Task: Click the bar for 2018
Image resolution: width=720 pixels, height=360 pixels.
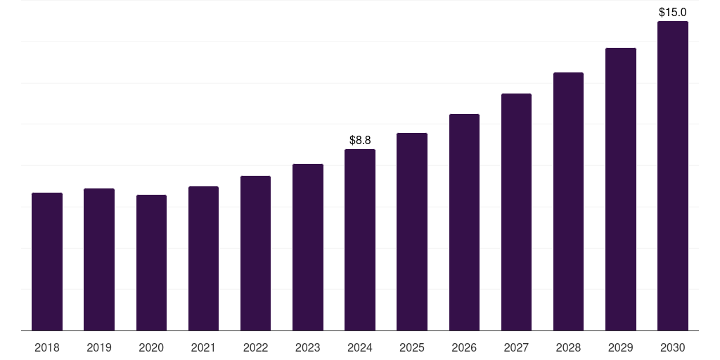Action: coord(47,262)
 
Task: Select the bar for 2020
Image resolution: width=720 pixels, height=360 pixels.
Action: coord(151,262)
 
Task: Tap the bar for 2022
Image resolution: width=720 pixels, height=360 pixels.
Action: coord(255,253)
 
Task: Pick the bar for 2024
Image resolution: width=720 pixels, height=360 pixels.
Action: coord(360,240)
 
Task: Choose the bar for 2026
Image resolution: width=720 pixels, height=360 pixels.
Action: coord(464,222)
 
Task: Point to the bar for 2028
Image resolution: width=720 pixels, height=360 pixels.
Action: coord(568,201)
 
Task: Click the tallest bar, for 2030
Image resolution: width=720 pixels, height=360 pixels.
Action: coord(673,176)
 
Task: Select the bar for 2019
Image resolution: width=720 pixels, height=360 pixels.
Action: coord(99,259)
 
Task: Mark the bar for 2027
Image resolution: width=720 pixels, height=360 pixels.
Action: coord(516,212)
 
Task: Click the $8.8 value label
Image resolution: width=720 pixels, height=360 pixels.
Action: coord(360,141)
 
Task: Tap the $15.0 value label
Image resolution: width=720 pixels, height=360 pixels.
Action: coord(673,13)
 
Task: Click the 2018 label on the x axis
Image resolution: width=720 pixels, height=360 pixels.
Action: coord(47,347)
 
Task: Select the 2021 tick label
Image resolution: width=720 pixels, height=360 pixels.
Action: coord(203,347)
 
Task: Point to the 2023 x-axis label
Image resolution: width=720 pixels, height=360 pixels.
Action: coord(308,347)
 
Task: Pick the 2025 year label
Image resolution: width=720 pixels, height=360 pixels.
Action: coord(412,347)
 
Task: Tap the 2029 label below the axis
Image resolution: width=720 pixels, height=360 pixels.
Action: coord(621,347)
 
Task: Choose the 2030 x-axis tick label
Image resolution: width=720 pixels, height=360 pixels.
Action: coord(673,347)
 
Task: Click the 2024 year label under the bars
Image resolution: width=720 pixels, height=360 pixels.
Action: coord(360,347)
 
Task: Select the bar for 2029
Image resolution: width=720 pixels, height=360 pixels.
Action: coord(621,189)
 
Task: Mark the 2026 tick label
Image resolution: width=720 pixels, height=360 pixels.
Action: coord(464,347)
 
